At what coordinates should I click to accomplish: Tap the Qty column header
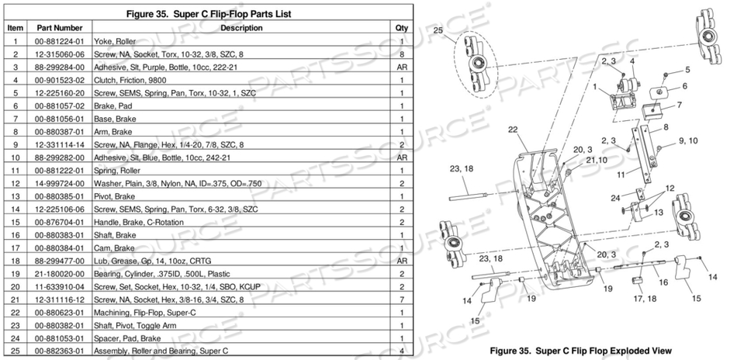402,27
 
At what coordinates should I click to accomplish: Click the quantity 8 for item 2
402,53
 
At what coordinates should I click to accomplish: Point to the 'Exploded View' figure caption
580,350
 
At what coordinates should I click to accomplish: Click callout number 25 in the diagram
439,30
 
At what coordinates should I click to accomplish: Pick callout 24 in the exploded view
614,197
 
